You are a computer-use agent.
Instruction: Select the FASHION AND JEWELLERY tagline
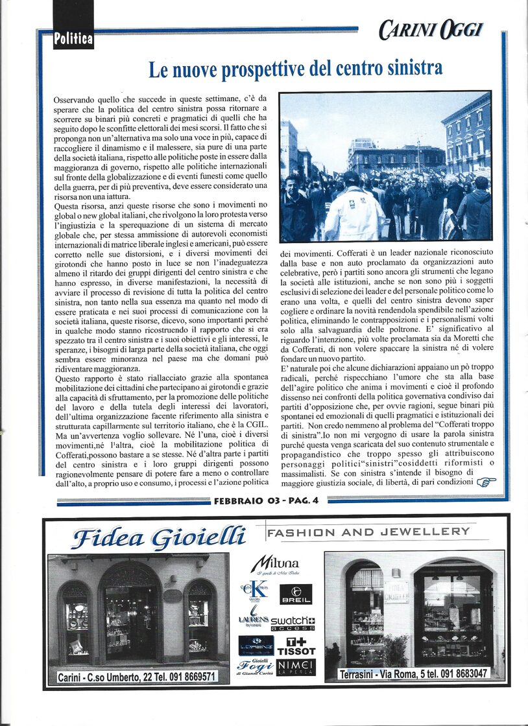[x=368, y=532]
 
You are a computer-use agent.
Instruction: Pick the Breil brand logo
[x=296, y=593]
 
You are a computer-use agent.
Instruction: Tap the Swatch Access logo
[x=293, y=624]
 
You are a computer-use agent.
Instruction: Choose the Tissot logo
[x=296, y=646]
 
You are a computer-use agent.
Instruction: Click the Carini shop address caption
[x=138, y=677]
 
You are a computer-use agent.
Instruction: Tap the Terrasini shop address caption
[x=413, y=674]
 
